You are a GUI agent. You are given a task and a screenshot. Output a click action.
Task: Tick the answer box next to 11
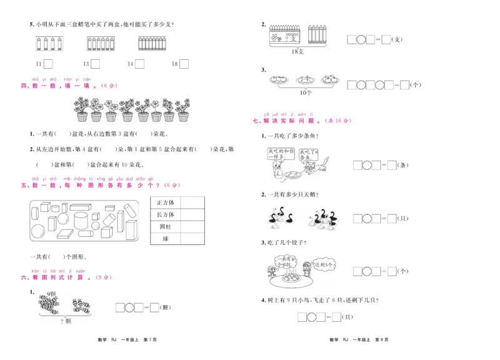coord(48,64)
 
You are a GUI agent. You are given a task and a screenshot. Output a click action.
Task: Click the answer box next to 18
coord(185,64)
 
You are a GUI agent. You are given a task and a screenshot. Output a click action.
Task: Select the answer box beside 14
coord(139,64)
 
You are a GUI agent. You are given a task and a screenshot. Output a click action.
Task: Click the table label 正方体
coord(166,202)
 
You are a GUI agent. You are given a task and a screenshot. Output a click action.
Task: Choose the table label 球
coord(166,239)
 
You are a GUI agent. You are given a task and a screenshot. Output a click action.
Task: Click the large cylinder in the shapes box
coord(82,220)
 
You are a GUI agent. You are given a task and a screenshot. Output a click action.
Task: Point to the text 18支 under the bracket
coord(300,51)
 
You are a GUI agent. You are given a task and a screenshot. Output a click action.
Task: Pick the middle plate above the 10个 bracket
coord(305,79)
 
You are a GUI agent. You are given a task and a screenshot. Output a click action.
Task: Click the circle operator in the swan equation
coord(369,219)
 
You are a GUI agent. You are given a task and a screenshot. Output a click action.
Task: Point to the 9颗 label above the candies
coord(52,294)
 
